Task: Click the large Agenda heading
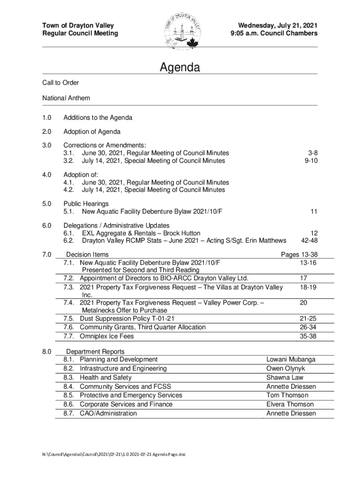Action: [x=180, y=68]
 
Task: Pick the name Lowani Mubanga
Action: [x=291, y=359]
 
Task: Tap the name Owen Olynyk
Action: [x=285, y=368]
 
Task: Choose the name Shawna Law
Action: [x=285, y=377]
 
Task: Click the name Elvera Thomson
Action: [x=290, y=404]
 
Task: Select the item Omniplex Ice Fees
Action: [x=107, y=336]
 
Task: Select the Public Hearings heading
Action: [x=86, y=204]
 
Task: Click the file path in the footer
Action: [x=114, y=454]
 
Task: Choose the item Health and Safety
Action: [x=106, y=377]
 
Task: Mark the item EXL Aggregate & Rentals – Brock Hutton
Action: [x=141, y=233]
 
